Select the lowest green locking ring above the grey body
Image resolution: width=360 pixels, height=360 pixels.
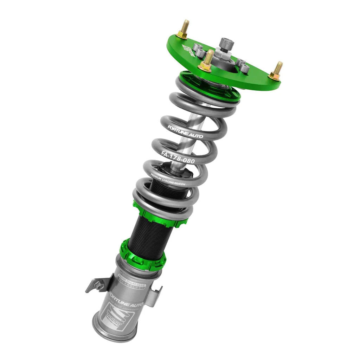pyautogui.click(x=142, y=255)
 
